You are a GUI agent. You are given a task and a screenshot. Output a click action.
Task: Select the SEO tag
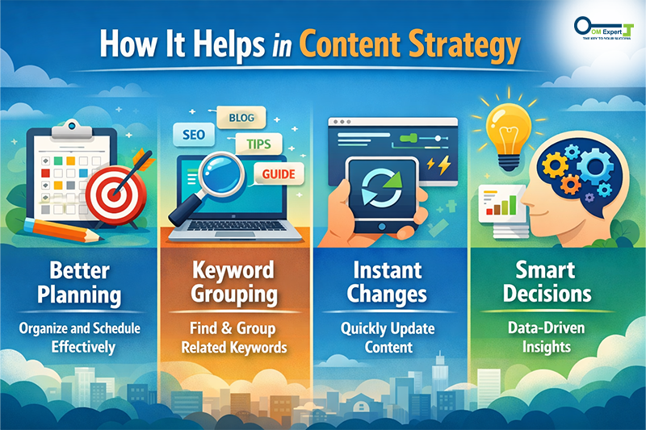pos(192,133)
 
